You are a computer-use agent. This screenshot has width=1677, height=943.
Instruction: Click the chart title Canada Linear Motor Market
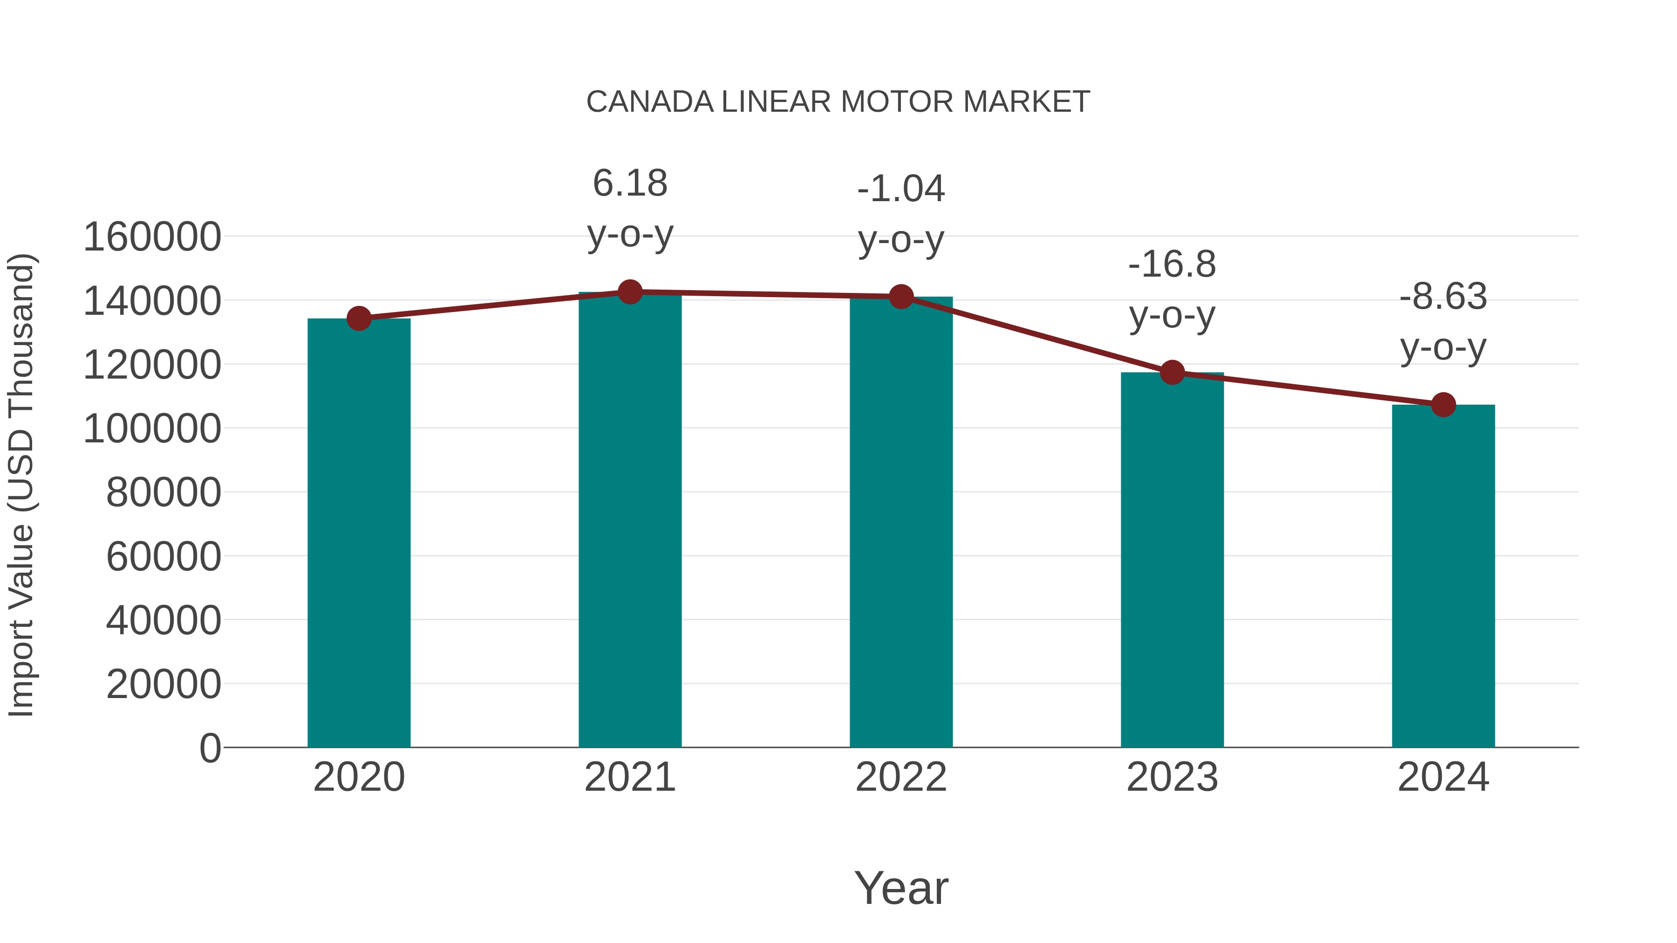click(x=838, y=102)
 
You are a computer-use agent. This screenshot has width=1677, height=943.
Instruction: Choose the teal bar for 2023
click(x=1172, y=560)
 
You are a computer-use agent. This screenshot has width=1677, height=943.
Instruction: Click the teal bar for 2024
click(x=1443, y=576)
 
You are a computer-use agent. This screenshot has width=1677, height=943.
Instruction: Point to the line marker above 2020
click(x=359, y=319)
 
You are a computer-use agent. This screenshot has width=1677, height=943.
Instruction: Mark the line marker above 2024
click(x=1443, y=405)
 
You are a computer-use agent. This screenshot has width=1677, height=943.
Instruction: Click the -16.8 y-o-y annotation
click(x=1172, y=290)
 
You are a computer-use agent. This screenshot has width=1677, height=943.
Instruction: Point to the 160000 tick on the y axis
click(x=152, y=237)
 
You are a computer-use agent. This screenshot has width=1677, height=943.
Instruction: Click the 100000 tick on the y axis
click(x=152, y=429)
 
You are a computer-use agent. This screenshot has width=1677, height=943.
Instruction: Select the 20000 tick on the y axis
click(x=164, y=685)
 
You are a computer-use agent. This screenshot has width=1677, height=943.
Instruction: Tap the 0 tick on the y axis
click(x=210, y=748)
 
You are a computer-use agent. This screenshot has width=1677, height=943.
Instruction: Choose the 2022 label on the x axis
click(x=901, y=778)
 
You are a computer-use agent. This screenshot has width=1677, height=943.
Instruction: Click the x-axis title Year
click(x=901, y=889)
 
